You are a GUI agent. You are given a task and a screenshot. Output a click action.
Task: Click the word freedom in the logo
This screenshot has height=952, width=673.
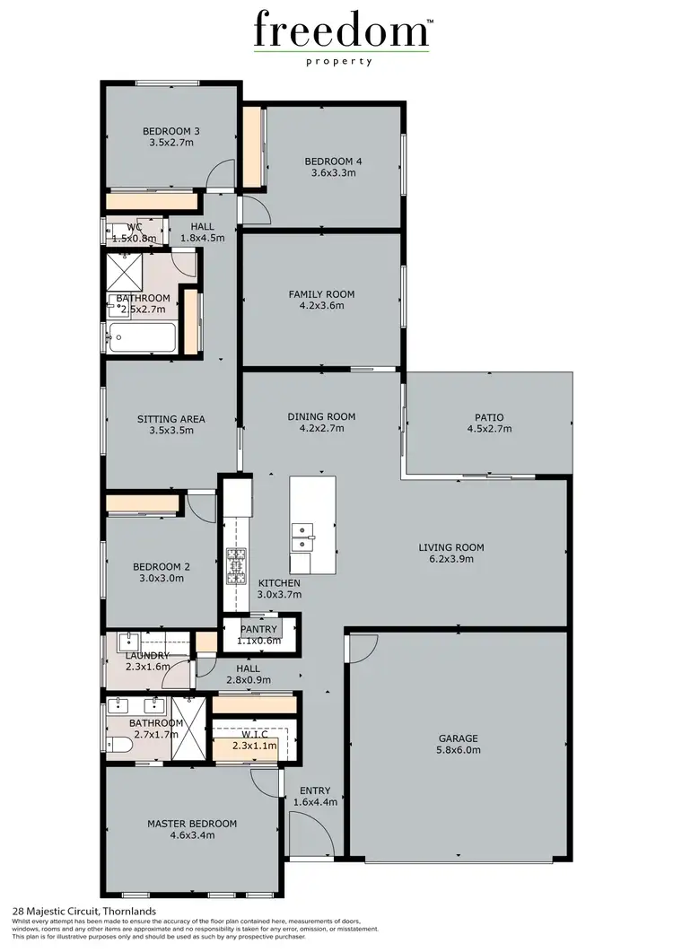point(342,31)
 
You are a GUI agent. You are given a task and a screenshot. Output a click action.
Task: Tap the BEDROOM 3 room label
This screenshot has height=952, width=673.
point(170,131)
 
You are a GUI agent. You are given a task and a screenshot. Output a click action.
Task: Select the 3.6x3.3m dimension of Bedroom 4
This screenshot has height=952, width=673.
point(333,173)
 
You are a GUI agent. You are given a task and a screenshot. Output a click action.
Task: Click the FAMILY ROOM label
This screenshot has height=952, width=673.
point(321,293)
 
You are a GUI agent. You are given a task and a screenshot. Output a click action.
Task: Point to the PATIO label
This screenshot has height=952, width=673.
point(489,417)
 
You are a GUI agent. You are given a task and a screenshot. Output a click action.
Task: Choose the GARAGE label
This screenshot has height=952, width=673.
point(457,738)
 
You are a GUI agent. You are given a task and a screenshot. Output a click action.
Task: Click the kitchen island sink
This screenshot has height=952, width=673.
point(302,537)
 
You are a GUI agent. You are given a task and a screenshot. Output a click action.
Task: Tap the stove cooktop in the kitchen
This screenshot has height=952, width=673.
point(236,566)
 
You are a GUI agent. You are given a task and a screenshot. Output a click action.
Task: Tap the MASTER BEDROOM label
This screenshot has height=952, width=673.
point(192,823)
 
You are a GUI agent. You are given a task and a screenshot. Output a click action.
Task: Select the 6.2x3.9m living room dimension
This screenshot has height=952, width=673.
point(451,559)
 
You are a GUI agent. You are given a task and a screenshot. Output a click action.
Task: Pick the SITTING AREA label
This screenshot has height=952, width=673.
point(170,418)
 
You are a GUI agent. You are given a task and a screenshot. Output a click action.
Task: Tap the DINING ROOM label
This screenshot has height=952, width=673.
point(321,416)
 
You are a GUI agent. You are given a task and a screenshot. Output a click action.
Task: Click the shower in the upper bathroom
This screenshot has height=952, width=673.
point(124,266)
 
